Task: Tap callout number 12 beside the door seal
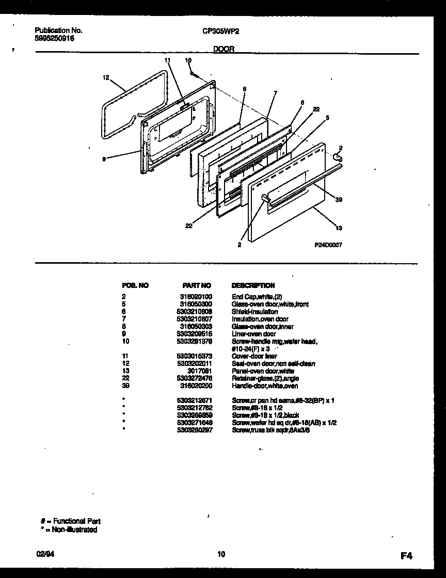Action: pyautogui.click(x=106, y=78)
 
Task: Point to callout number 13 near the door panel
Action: pyautogui.click(x=338, y=228)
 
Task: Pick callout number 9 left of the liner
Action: pyautogui.click(x=104, y=160)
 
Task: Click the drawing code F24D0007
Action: pyautogui.click(x=328, y=246)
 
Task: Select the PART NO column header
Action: pyautogui.click(x=197, y=285)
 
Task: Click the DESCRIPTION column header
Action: pyautogui.click(x=253, y=285)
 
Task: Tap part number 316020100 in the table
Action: pyautogui.click(x=196, y=297)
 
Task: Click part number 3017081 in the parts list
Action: pyautogui.click(x=200, y=371)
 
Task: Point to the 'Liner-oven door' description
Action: pyautogui.click(x=253, y=334)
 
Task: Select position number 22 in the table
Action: pyautogui.click(x=124, y=378)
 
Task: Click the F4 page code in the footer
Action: pyautogui.click(x=406, y=556)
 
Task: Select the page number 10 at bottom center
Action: pyautogui.click(x=221, y=554)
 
